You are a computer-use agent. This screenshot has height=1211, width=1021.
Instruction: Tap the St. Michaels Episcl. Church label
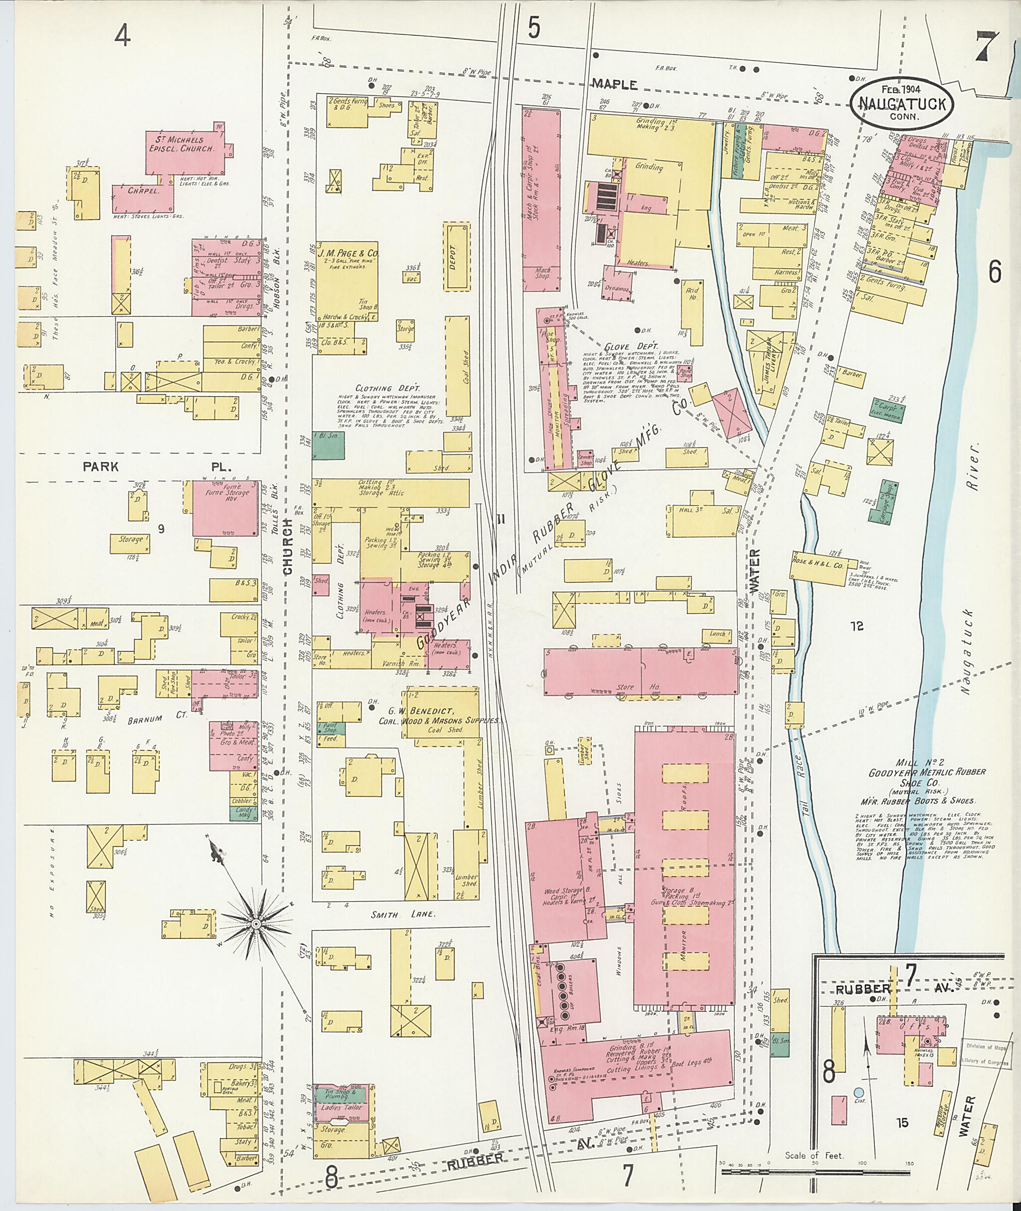point(183,144)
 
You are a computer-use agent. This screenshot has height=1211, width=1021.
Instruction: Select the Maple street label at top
point(614,85)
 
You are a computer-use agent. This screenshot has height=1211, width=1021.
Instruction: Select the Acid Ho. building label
point(691,294)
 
